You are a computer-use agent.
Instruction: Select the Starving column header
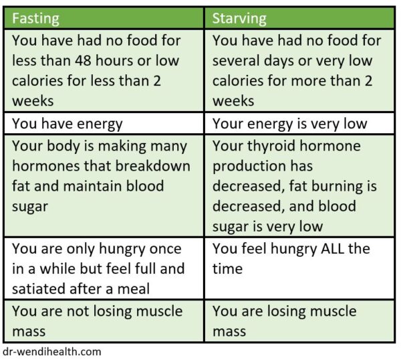coord(239,17)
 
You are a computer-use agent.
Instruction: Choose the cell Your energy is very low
coord(289,123)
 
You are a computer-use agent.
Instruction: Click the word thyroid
coord(273,146)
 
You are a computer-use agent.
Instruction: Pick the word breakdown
coord(158,165)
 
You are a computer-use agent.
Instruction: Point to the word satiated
coord(39,288)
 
